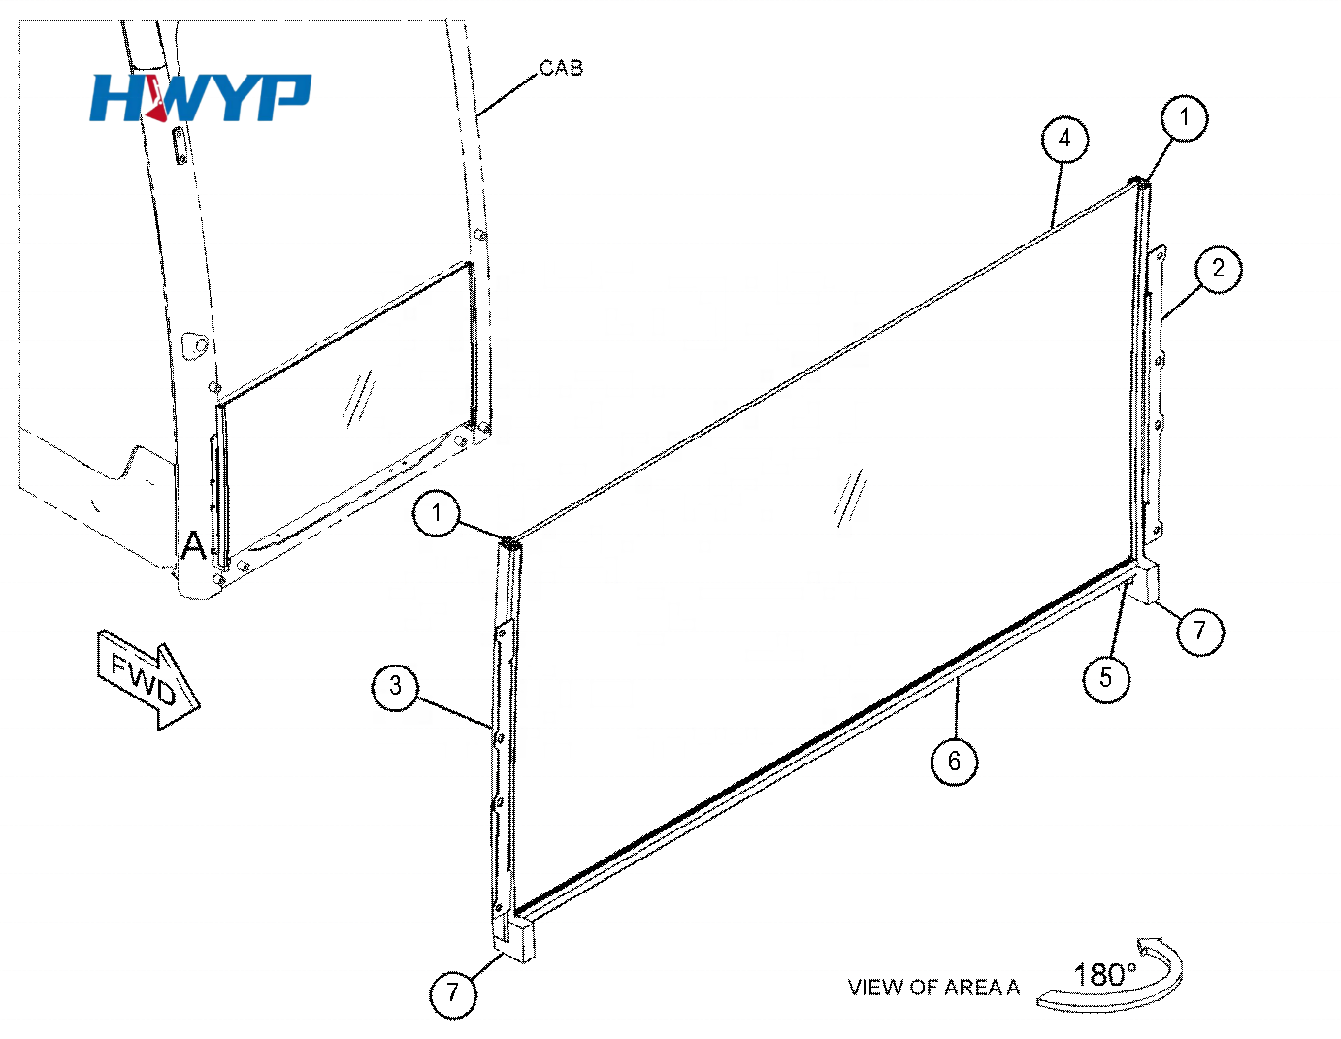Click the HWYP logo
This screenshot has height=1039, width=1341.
tap(200, 97)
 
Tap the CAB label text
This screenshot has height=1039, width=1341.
tap(560, 68)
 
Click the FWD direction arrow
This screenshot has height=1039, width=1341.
tap(148, 679)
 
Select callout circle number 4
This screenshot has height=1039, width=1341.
tap(1064, 140)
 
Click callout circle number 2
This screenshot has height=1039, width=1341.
tap(1218, 269)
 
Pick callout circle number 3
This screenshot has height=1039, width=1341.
tap(395, 687)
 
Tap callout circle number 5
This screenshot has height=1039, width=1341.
tap(1106, 679)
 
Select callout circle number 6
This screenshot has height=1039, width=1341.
tap(954, 762)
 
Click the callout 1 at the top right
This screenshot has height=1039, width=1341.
tap(1184, 117)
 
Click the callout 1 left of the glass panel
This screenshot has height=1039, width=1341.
tap(437, 513)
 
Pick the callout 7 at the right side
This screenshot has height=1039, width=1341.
tap(1199, 632)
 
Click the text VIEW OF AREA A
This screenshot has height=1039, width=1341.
tap(933, 988)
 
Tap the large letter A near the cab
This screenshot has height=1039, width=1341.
tap(194, 545)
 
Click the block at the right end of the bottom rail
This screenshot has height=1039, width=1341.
tap(1149, 582)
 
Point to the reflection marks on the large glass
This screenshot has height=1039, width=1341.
tap(851, 498)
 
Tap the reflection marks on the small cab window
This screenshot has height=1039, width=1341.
tap(359, 399)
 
